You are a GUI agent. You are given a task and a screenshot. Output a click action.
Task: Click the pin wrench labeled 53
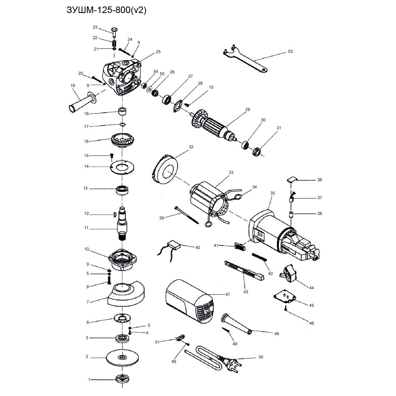(x=245, y=59)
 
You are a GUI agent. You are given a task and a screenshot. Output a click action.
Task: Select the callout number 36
(x=320, y=180)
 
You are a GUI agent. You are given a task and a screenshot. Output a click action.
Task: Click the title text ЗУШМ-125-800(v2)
(x=107, y=10)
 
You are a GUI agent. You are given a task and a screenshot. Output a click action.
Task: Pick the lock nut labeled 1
(x=122, y=379)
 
